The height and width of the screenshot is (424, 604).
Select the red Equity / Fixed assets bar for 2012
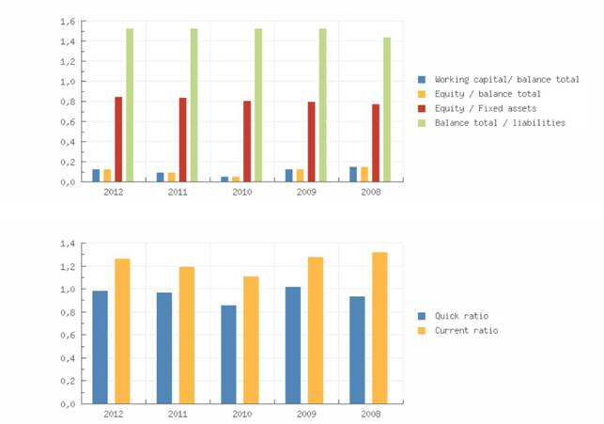(118, 139)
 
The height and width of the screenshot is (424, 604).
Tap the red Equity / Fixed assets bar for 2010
(247, 141)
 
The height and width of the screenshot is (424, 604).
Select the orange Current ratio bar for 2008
(379, 327)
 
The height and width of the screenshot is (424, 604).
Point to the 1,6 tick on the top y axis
(67, 21)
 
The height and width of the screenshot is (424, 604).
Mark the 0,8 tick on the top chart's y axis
(67, 102)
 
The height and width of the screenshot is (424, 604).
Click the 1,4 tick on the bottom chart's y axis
(67, 244)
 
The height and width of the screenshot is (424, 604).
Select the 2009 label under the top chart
(306, 192)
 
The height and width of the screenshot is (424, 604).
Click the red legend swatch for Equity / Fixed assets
(422, 108)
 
